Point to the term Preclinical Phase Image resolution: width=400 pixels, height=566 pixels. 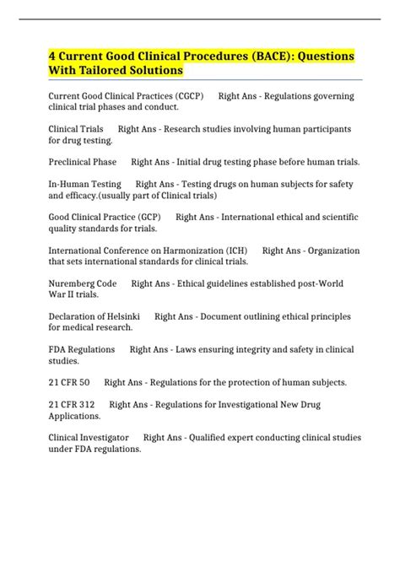(83, 162)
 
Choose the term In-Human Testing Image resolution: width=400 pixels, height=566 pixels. (84, 184)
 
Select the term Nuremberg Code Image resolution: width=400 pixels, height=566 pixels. (83, 283)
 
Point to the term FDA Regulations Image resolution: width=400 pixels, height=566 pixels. (82, 349)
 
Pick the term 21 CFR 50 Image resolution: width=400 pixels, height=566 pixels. (69, 382)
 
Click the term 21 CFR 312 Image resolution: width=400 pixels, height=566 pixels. (73, 405)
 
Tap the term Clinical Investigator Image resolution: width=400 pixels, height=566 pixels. (89, 438)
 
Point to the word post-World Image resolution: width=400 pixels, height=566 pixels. (332, 283)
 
